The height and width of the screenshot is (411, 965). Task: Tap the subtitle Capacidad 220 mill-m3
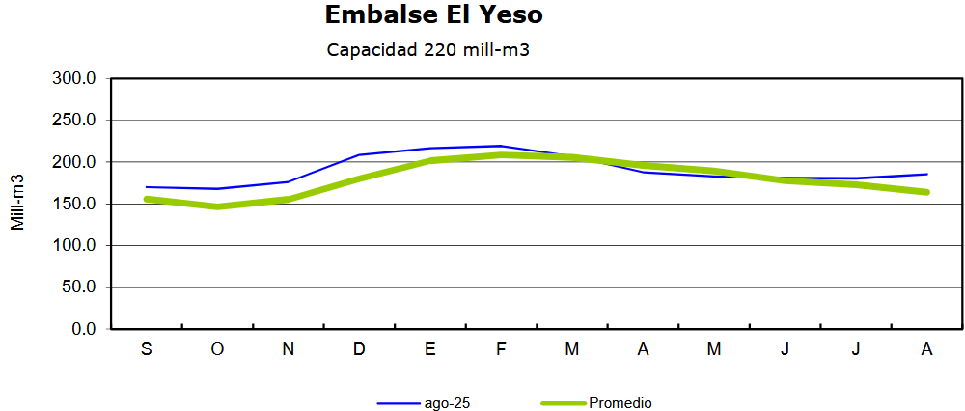pyautogui.click(x=428, y=50)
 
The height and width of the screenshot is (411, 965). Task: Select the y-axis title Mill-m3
pyautogui.click(x=18, y=203)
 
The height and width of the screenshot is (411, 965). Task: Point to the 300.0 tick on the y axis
pyautogui.click(x=76, y=78)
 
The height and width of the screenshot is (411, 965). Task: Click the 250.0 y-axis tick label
pyautogui.click(x=76, y=121)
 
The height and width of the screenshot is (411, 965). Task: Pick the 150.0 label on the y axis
pyautogui.click(x=76, y=204)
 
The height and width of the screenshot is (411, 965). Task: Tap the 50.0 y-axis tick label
pyautogui.click(x=80, y=288)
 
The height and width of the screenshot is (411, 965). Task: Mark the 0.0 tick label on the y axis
pyautogui.click(x=84, y=329)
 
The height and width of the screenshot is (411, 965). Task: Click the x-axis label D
pyautogui.click(x=359, y=349)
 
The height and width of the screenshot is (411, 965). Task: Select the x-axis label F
pyautogui.click(x=501, y=349)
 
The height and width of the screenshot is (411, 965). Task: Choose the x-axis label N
pyautogui.click(x=288, y=349)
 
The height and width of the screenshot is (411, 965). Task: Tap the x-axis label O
pyautogui.click(x=217, y=349)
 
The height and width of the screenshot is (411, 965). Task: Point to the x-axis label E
pyautogui.click(x=430, y=349)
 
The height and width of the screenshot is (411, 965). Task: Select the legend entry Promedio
pyautogui.click(x=620, y=403)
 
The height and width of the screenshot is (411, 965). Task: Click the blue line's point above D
pyautogui.click(x=359, y=154)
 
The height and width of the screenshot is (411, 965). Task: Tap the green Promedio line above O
pyautogui.click(x=217, y=206)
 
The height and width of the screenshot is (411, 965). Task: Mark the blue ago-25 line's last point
pyautogui.click(x=927, y=175)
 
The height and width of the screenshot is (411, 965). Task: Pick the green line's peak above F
pyautogui.click(x=501, y=154)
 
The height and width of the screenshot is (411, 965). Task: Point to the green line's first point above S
pyautogui.click(x=147, y=199)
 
